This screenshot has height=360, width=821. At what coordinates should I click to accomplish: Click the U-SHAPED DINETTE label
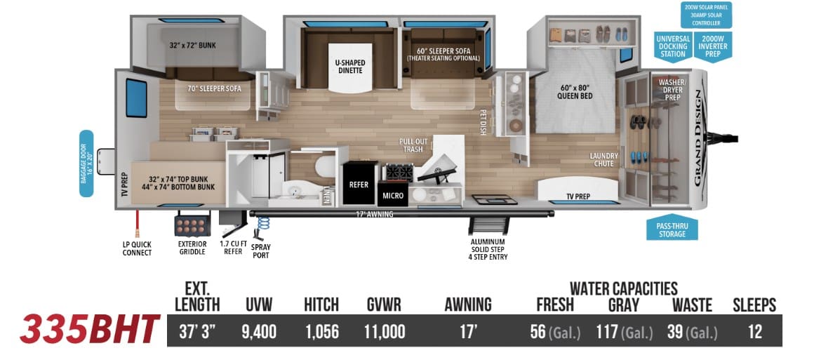[x=349, y=66]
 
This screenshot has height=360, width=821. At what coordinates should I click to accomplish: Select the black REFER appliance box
[x=359, y=184]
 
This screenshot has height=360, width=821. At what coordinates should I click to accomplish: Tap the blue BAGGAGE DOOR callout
[x=86, y=164]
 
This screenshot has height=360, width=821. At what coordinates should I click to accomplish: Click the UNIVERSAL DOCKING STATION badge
[x=673, y=46]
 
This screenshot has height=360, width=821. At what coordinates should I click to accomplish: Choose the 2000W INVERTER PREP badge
[x=713, y=46]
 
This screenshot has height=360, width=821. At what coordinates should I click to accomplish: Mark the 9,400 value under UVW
[x=259, y=331]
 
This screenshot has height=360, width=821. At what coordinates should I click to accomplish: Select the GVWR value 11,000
[x=385, y=331]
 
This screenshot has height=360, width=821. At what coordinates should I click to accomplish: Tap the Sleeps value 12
[x=754, y=331]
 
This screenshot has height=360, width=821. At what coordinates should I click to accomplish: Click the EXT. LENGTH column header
[x=197, y=297]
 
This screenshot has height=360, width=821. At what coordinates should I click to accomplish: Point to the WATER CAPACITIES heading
[x=624, y=288]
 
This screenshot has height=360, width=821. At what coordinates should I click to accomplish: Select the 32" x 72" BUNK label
[x=192, y=46]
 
